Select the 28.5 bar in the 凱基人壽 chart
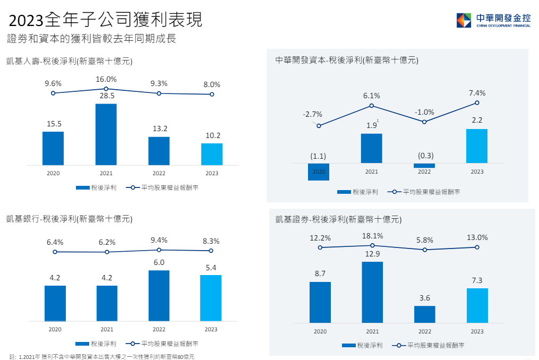click(x=106, y=134)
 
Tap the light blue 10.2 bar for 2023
click(x=212, y=154)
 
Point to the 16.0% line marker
click(x=106, y=89)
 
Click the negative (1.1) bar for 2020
click(x=319, y=172)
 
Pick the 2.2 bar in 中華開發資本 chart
click(x=477, y=145)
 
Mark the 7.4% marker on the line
click(x=477, y=103)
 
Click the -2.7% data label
click(x=312, y=114)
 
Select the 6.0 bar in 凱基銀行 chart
click(x=159, y=296)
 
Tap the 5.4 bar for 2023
click(x=211, y=298)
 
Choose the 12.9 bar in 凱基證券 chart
click(x=372, y=292)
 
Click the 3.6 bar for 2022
click(x=425, y=314)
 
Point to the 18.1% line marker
click(x=372, y=245)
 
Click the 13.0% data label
click(x=477, y=237)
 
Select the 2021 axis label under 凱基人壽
click(x=106, y=173)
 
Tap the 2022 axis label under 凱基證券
click(x=425, y=331)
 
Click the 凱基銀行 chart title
click(x=69, y=218)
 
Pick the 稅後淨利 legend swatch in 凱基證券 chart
click(x=349, y=345)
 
